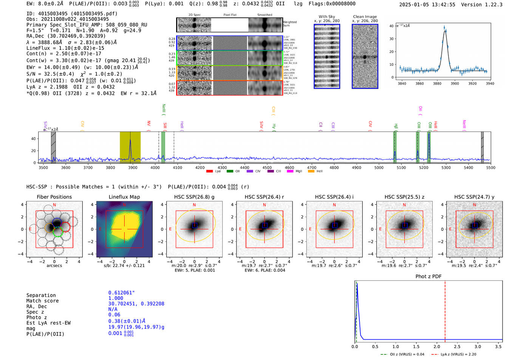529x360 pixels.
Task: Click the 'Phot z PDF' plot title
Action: [x=428, y=277]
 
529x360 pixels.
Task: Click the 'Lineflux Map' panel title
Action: [x=124, y=197]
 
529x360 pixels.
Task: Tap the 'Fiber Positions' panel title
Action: [x=54, y=197]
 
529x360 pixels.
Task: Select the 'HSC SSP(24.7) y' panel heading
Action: [x=474, y=197]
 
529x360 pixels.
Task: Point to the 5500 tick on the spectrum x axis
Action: [x=490, y=168]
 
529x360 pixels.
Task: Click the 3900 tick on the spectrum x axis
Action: [x=133, y=168]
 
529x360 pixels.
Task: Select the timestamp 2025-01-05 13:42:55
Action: [x=427, y=5]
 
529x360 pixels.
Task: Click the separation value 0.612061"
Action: [x=121, y=293]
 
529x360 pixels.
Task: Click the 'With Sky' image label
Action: [x=327, y=17]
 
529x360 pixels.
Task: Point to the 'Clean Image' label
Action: [x=365, y=17]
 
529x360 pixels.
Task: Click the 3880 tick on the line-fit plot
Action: [x=437, y=83]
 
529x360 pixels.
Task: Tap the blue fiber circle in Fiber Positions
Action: [x=57, y=222]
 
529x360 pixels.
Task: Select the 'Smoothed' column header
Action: [x=264, y=15]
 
